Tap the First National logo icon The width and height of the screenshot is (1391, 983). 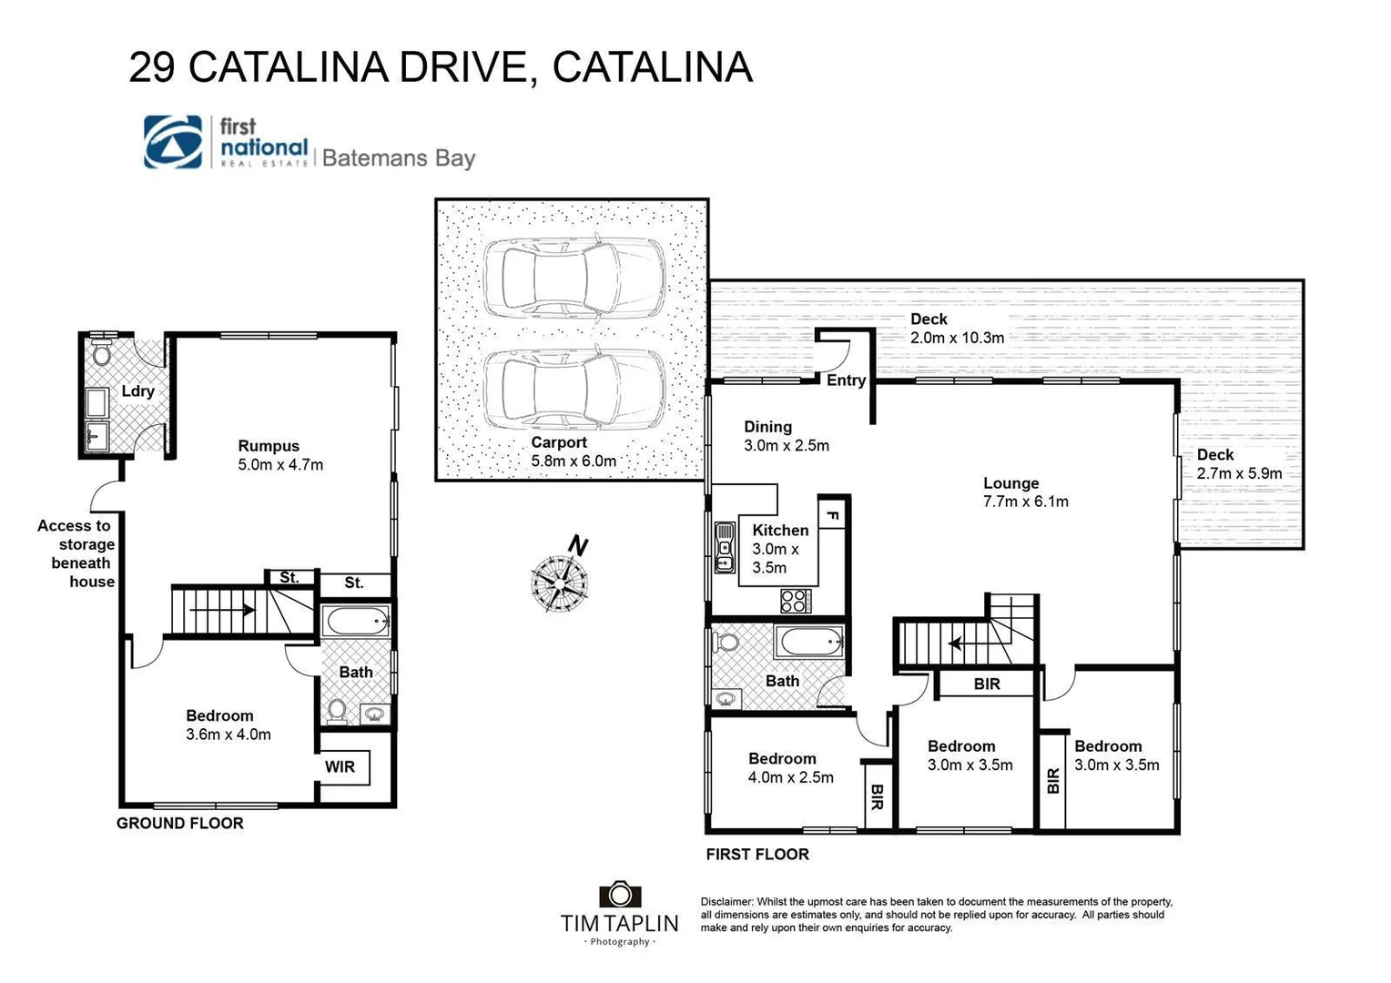pyautogui.click(x=173, y=143)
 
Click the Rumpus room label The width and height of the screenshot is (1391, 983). pyautogui.click(x=269, y=446)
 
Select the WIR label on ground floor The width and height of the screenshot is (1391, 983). pyautogui.click(x=340, y=767)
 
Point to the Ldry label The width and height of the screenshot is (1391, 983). pyautogui.click(x=137, y=391)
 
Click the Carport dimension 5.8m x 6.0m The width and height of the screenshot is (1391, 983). pyautogui.click(x=574, y=461)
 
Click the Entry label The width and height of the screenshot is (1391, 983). pyautogui.click(x=846, y=380)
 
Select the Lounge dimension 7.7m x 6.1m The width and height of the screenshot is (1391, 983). pyautogui.click(x=1025, y=502)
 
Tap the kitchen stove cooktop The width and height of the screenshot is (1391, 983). pyautogui.click(x=795, y=601)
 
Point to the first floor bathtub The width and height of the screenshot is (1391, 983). pyautogui.click(x=809, y=644)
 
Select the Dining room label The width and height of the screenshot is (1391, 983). pyautogui.click(x=767, y=427)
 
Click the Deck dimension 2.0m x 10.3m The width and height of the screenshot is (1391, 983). pyautogui.click(x=957, y=338)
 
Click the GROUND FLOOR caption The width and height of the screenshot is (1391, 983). pyautogui.click(x=179, y=824)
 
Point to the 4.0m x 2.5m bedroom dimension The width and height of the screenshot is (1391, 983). pyautogui.click(x=790, y=777)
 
